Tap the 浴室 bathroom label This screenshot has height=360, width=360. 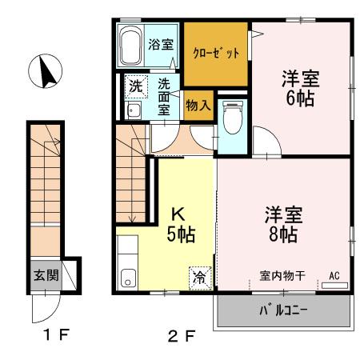[x=161, y=43]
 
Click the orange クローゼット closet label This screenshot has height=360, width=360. [x=216, y=54]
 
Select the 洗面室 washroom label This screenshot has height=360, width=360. [x=164, y=96]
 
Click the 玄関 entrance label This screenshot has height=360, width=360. [x=45, y=275]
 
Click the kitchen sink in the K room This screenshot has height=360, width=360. [x=127, y=278]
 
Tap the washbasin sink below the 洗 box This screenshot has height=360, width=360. [x=134, y=111]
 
